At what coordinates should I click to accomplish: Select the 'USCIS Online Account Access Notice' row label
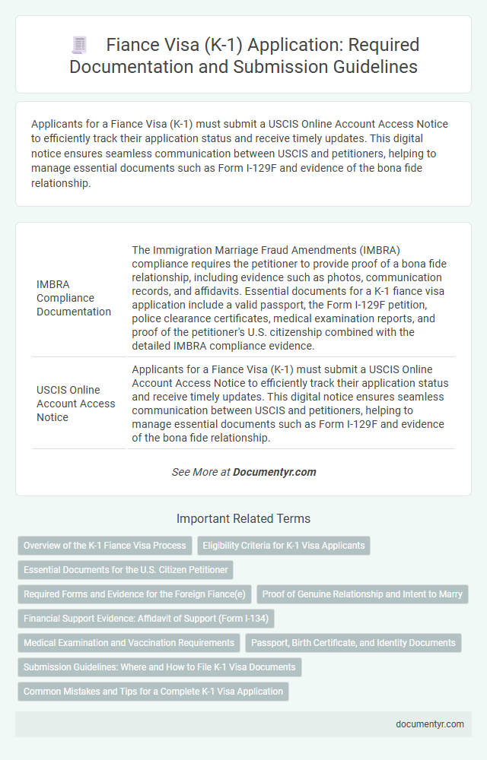tap(76, 403)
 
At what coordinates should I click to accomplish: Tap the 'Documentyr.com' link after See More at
tap(274, 472)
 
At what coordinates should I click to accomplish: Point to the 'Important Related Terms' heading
tap(243, 519)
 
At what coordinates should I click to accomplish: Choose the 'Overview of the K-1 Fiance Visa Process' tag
tap(105, 546)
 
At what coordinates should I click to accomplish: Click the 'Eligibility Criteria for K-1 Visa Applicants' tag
tap(284, 546)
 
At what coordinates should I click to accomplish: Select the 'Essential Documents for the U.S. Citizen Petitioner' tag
tap(126, 570)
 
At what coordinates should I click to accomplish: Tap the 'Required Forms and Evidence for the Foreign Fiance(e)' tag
tap(135, 594)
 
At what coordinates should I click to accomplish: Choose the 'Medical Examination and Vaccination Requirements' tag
tap(129, 643)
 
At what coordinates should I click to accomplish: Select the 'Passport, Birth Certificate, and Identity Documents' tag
tap(353, 643)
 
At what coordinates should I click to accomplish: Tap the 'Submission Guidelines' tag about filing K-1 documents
tap(160, 667)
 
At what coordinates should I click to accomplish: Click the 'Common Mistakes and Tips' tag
tap(153, 692)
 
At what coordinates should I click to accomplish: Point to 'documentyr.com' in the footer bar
tap(430, 724)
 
